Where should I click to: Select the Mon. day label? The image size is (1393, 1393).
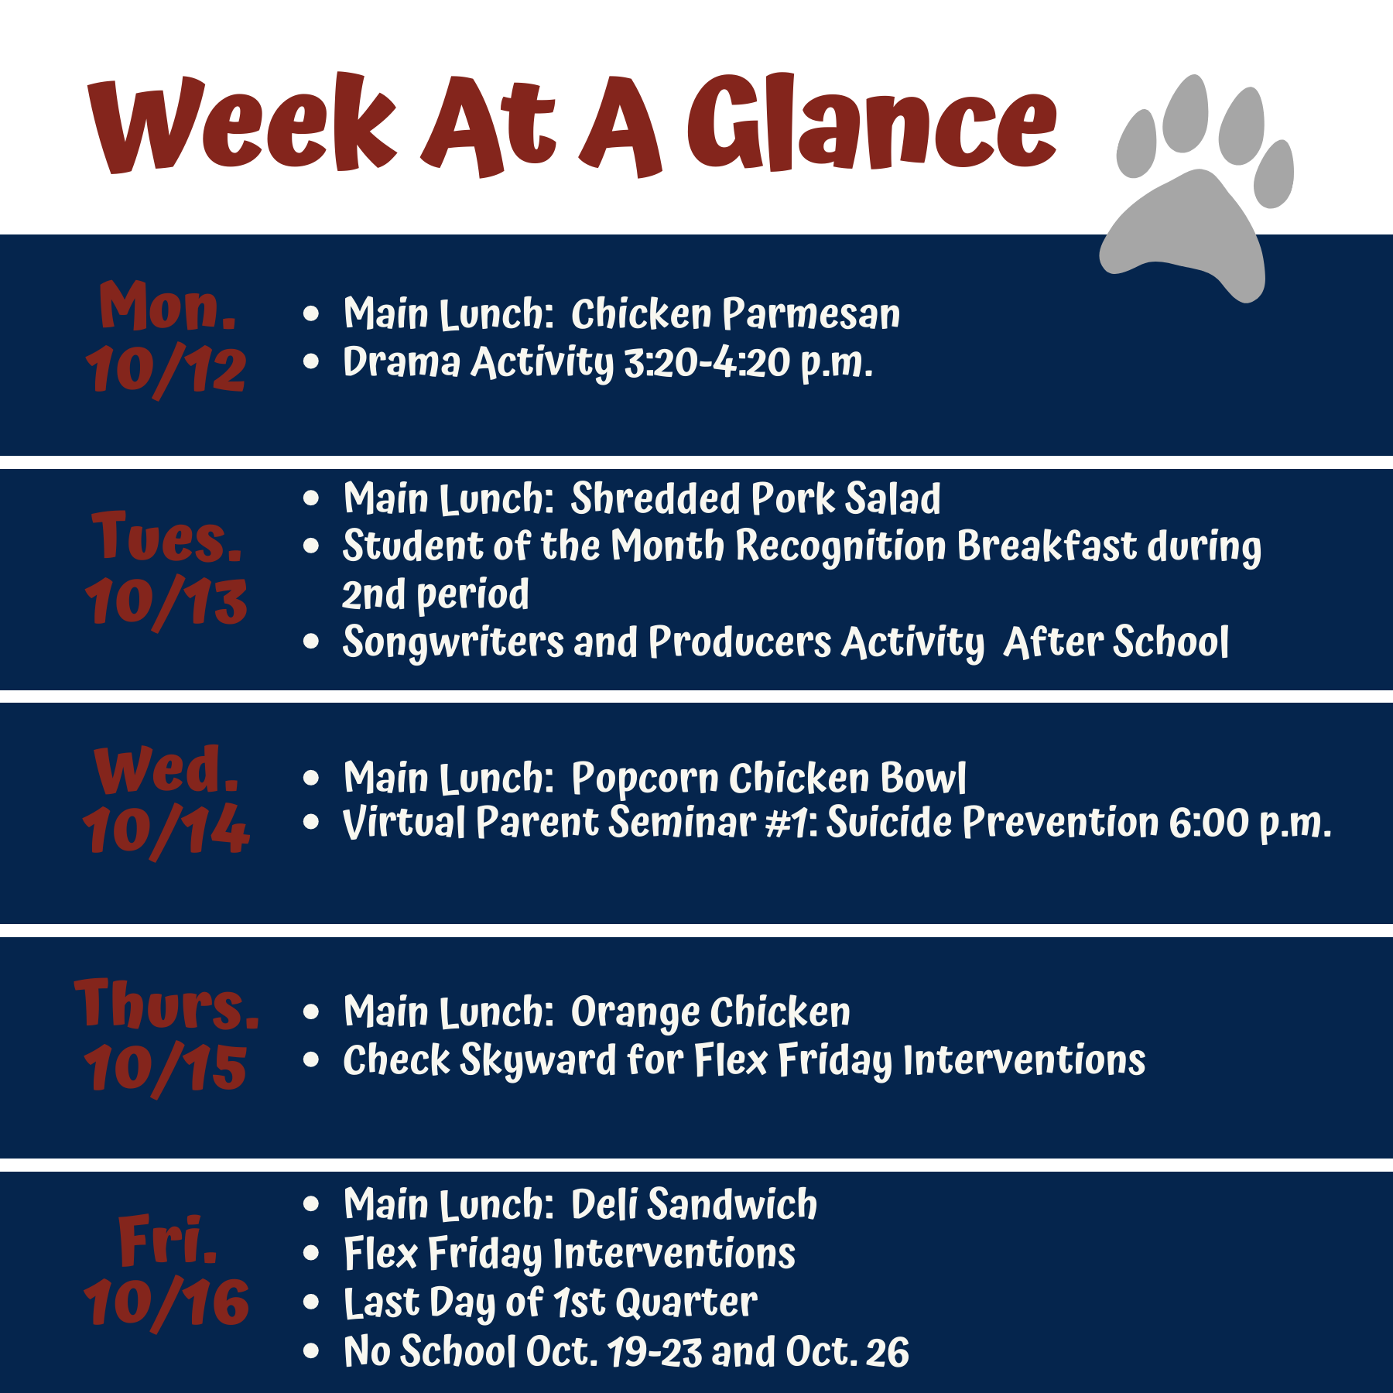coord(167,306)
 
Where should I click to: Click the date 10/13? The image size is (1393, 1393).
coord(166,601)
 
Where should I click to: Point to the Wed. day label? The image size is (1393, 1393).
coord(166,769)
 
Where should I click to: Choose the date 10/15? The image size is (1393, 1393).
coord(166,1069)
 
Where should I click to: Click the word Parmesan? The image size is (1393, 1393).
coord(812,314)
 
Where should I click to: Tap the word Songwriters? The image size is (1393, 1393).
coord(453,643)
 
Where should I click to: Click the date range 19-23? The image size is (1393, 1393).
coord(655,1352)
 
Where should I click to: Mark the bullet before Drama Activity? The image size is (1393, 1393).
coord(311,361)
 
